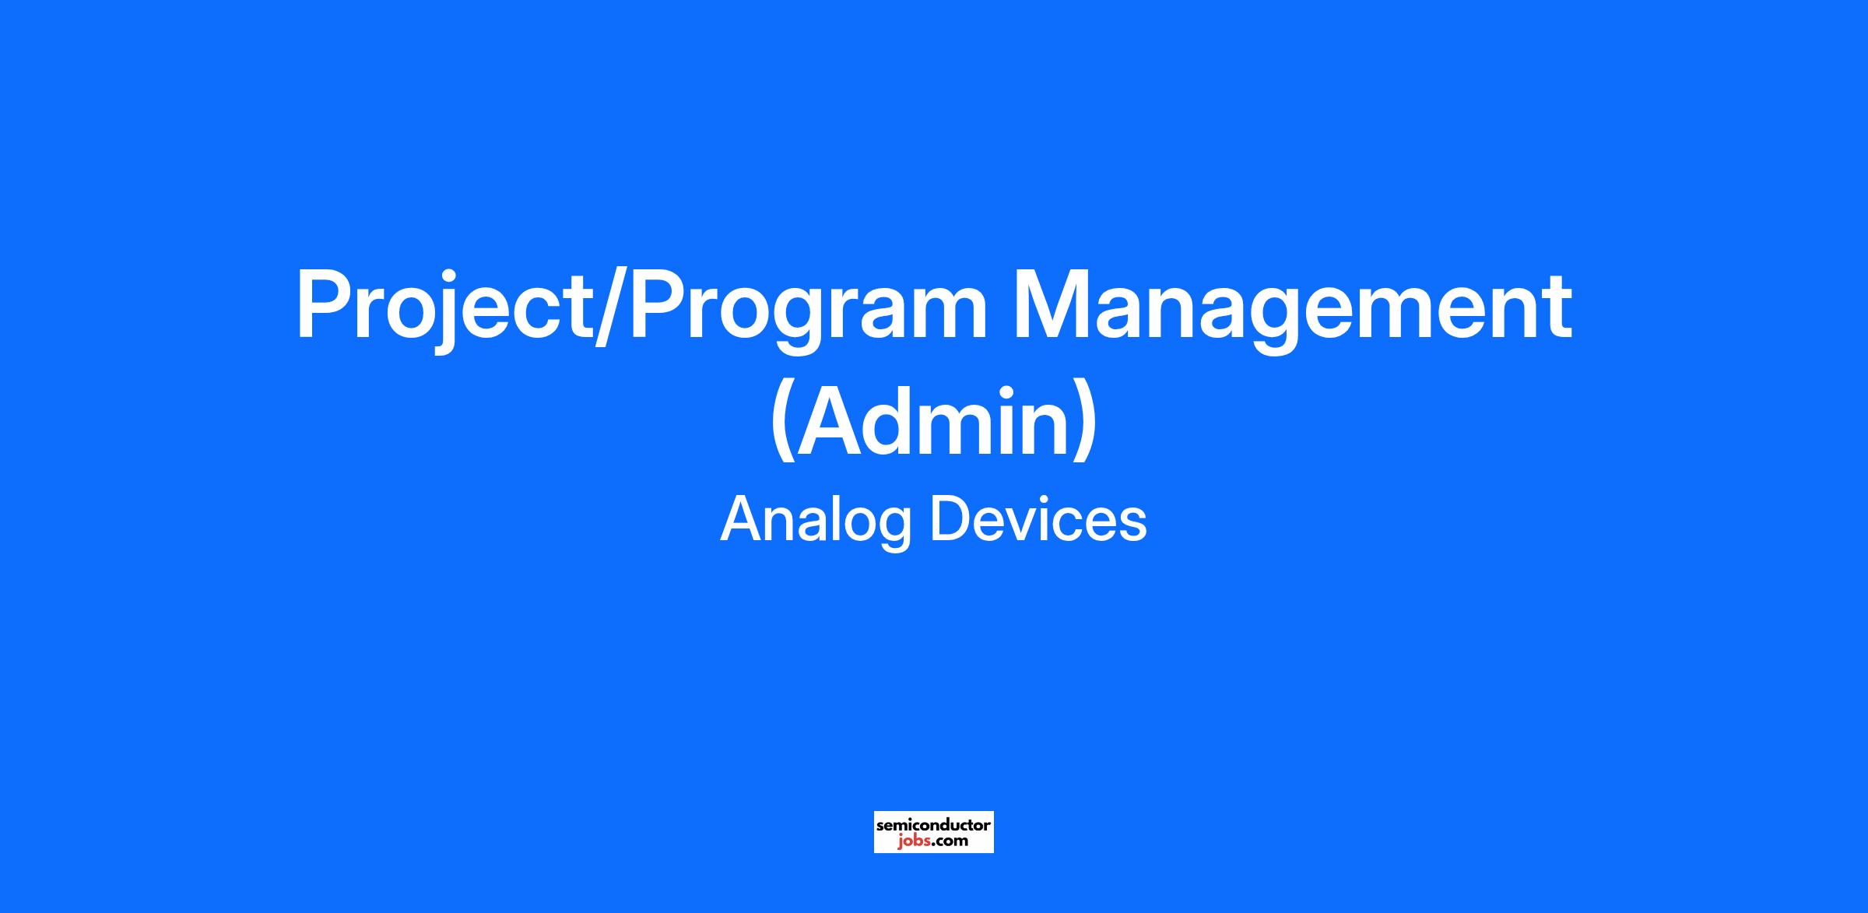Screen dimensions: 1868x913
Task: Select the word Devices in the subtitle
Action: (1039, 519)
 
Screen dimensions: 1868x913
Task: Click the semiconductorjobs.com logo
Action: (934, 832)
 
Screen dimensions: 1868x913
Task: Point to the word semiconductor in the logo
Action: (934, 824)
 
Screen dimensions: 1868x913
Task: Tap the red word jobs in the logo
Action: (914, 841)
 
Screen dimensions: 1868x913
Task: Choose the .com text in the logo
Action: (950, 841)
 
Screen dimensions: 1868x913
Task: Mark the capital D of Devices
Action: (954, 519)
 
